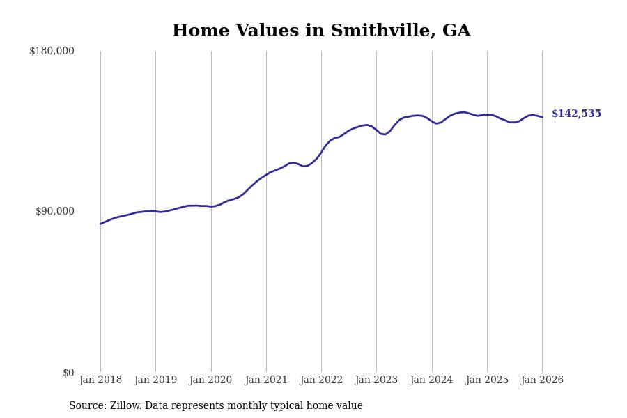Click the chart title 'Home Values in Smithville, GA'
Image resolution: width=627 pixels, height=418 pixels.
[321, 31]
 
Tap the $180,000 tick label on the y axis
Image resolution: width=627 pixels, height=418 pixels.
[52, 51]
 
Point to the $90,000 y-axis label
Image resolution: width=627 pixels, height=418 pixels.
[54, 211]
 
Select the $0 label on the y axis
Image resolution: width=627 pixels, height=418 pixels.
[68, 373]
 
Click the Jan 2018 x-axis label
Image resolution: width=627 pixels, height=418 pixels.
[100, 380]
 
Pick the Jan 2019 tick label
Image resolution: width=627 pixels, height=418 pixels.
[155, 380]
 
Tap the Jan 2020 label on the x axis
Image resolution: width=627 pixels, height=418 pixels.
[210, 380]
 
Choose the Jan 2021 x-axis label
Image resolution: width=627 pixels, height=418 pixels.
[266, 380]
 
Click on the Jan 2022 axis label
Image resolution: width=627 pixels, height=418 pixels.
[321, 380]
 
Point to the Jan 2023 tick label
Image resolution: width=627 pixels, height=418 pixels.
[376, 380]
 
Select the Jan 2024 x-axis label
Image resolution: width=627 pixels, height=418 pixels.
[431, 380]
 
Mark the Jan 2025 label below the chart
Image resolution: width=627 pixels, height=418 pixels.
[487, 380]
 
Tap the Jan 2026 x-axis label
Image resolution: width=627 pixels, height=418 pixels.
[542, 380]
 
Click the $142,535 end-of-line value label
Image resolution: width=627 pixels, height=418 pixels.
[576, 114]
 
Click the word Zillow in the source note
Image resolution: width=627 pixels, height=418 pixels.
[125, 406]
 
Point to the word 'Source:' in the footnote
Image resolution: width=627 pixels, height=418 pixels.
[88, 406]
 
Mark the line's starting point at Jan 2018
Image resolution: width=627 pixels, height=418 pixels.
[100, 224]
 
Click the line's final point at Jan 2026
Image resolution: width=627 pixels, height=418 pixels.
[542, 117]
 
